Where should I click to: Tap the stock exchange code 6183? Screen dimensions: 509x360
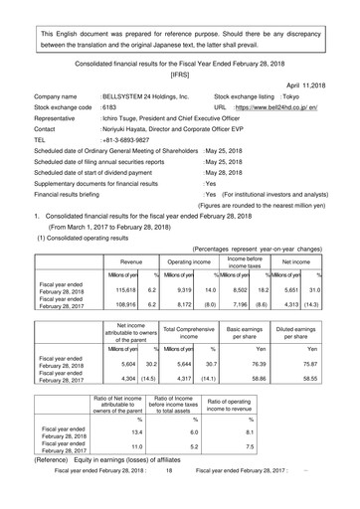click(110, 116)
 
